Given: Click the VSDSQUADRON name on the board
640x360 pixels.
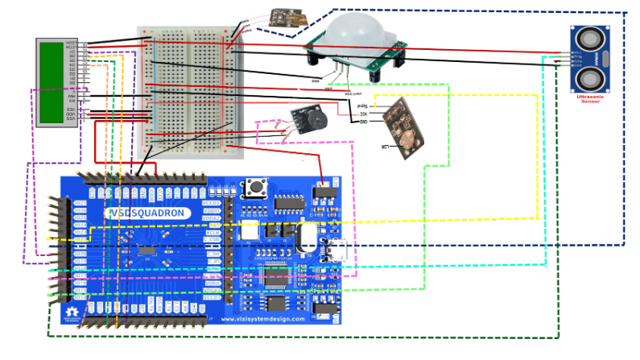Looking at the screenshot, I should [149, 213].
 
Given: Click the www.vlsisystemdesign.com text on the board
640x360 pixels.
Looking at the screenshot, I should [263, 319].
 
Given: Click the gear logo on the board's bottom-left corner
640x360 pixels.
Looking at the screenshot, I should [72, 312].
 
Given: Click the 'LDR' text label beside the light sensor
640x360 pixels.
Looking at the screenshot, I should [385, 147].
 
